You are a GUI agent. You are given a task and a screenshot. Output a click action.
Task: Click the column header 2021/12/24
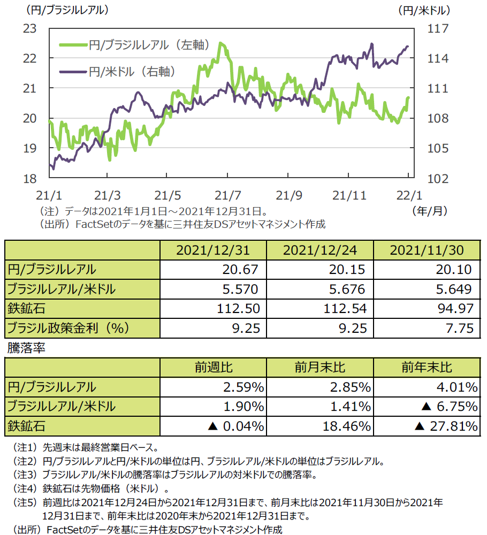[319, 250]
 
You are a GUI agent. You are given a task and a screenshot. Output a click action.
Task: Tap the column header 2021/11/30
[427, 250]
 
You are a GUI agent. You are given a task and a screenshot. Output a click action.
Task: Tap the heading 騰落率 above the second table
[26, 348]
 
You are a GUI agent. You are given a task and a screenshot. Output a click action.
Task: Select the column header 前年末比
[427, 368]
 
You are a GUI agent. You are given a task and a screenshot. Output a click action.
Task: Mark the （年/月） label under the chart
[429, 211]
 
